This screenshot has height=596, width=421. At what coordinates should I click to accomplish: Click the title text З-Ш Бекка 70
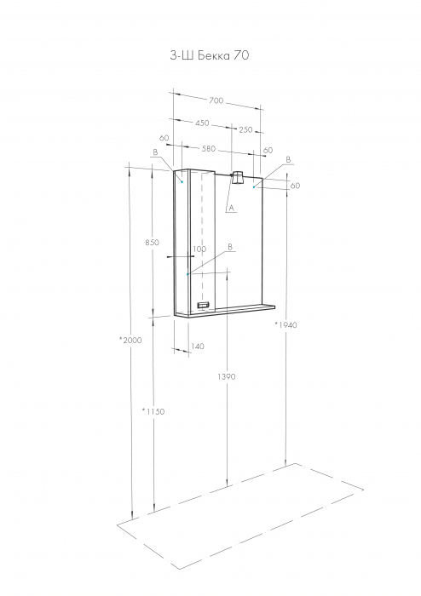pyautogui.click(x=210, y=55)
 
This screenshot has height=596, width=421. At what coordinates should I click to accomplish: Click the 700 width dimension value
pyautogui.click(x=216, y=100)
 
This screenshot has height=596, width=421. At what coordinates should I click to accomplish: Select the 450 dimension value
pyautogui.click(x=202, y=123)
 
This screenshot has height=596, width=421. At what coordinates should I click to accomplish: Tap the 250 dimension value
pyautogui.click(x=245, y=129)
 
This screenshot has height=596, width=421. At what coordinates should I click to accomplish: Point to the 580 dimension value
pyautogui.click(x=209, y=149)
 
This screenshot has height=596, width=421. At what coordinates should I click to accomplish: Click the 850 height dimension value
pyautogui.click(x=153, y=242)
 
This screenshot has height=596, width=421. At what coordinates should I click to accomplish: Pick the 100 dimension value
pyautogui.click(x=199, y=249)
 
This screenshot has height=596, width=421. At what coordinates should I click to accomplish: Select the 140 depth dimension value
pyautogui.click(x=198, y=347)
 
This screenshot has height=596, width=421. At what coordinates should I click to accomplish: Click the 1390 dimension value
pyautogui.click(x=227, y=376)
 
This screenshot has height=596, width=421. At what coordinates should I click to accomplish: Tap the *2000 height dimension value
pyautogui.click(x=130, y=340)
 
